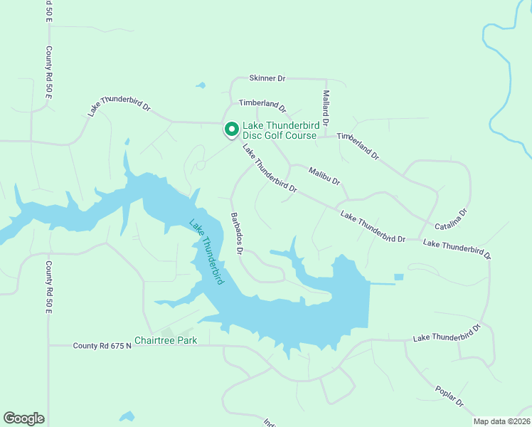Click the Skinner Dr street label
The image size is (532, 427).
tap(267, 78)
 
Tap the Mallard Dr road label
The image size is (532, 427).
tap(326, 108)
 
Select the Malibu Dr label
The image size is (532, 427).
tap(324, 176)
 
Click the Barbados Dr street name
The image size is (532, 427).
tap(237, 233)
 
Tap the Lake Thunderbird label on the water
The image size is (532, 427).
tap(207, 251)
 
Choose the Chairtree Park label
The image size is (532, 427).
tap(166, 341)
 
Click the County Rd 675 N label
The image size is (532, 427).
tap(104, 346)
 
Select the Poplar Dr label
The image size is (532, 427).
tap(449, 396)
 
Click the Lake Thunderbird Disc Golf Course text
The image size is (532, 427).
tap(280, 130)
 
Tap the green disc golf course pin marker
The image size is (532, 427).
tap(231, 129)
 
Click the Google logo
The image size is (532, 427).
tap(23, 418)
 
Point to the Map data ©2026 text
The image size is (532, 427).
tap(501, 421)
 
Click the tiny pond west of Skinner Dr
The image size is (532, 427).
tap(201, 86)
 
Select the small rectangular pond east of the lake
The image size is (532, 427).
tap(398, 277)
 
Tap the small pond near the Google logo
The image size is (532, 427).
tap(127, 416)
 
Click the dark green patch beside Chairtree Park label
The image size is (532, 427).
tap(167, 332)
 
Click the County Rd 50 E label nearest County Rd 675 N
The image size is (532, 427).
tap(49, 288)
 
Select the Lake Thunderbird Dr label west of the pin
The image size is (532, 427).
tap(119, 106)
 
